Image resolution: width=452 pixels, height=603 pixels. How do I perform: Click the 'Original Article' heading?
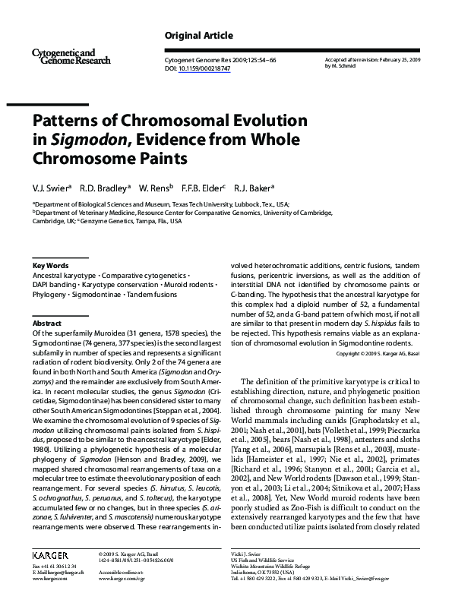pyautogui.click(x=198, y=36)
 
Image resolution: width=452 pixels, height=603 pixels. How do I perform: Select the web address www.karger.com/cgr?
pyautogui.click(x=123, y=577)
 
